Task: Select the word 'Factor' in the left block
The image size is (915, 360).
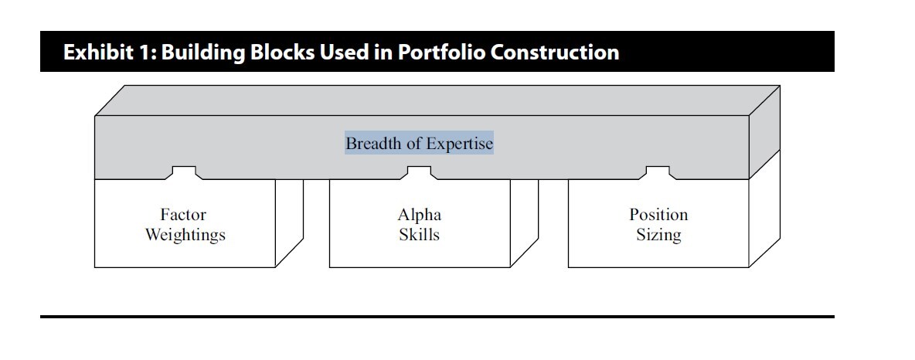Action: tap(183, 215)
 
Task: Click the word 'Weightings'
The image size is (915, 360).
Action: tap(185, 235)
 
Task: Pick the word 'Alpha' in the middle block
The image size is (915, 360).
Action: tap(419, 215)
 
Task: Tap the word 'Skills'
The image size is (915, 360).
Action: tap(419, 235)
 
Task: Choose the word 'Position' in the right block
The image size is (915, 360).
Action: tap(658, 215)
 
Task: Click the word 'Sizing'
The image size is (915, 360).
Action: tap(658, 235)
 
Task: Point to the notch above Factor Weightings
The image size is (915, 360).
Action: tap(184, 172)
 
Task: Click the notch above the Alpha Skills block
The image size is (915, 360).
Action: tap(419, 172)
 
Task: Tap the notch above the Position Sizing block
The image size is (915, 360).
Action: tap(658, 172)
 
